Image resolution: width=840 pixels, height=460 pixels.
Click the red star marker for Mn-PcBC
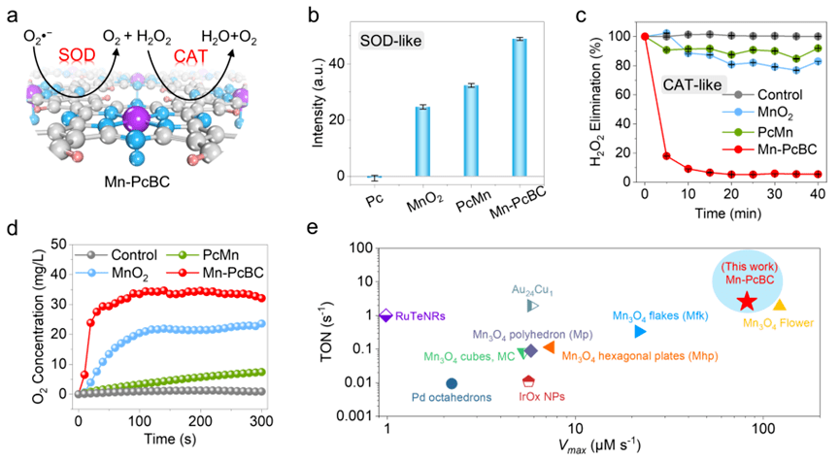pos(746,302)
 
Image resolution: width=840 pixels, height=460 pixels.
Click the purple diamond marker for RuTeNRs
pos(386,315)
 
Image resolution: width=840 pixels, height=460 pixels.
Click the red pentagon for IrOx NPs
pos(528,381)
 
